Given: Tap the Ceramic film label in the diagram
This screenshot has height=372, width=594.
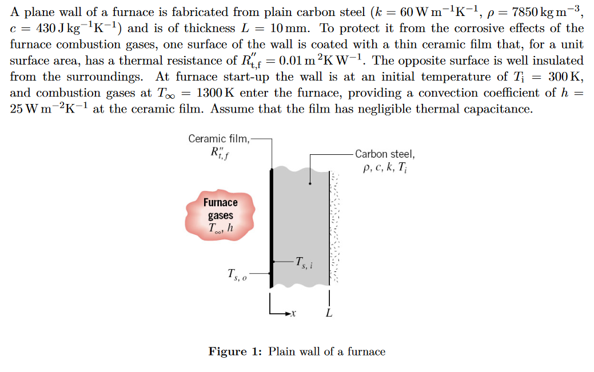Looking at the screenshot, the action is point(218,138).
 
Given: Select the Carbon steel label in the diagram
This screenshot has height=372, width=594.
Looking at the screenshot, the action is point(385,154).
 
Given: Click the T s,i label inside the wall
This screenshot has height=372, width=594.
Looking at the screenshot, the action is point(304,262).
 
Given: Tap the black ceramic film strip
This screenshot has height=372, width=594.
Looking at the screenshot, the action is point(271,229).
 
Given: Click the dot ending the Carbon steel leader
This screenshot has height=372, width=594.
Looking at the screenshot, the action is point(309,183).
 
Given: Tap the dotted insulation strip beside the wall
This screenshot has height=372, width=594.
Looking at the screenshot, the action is point(336,229).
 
